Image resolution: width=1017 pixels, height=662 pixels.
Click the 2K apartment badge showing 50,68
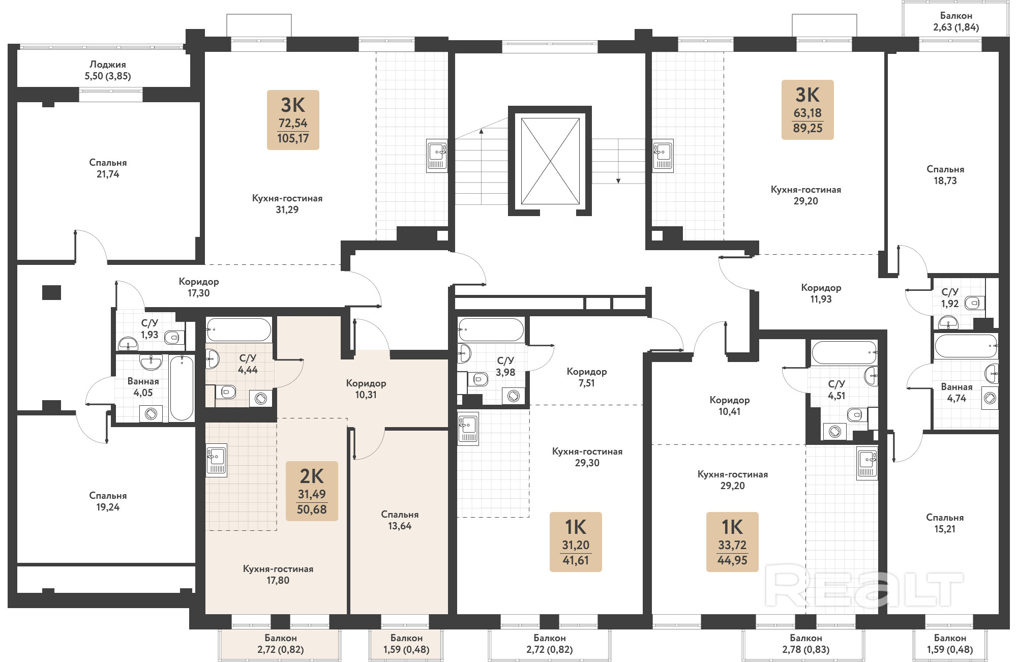click(312, 491)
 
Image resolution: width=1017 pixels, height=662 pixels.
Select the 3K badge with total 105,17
click(293, 120)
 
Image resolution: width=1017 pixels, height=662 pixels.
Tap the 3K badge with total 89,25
click(807, 110)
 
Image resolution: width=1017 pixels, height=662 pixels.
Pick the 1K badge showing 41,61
click(576, 542)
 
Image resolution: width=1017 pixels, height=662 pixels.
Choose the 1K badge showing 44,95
click(732, 542)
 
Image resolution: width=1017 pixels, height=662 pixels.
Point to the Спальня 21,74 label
click(108, 168)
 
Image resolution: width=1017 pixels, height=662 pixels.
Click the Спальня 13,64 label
click(400, 520)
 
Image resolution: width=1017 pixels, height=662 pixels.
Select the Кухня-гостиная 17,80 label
click(278, 575)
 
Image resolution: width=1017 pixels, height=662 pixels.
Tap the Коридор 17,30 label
click(199, 287)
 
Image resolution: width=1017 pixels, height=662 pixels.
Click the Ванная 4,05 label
click(143, 387)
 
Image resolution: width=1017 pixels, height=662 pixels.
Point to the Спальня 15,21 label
click(945, 523)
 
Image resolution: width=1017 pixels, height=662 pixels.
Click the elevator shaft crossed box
click(550, 161)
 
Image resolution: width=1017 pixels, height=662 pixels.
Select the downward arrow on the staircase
click(618, 161)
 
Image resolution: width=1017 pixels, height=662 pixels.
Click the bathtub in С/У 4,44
click(238, 330)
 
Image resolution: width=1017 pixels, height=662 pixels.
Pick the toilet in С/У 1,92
click(972, 304)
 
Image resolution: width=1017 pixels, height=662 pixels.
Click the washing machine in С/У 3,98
click(514, 396)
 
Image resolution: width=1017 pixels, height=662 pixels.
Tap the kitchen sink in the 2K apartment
click(217, 460)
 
